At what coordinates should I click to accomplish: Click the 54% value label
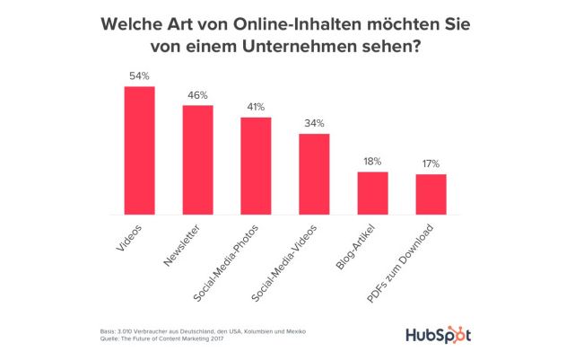140,76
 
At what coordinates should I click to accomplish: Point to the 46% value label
198,95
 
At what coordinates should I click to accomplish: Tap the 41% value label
257,107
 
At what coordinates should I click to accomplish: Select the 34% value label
315,123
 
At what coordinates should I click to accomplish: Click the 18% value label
373,161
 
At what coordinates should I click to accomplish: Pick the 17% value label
431,163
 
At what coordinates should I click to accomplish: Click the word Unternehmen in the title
305,47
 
